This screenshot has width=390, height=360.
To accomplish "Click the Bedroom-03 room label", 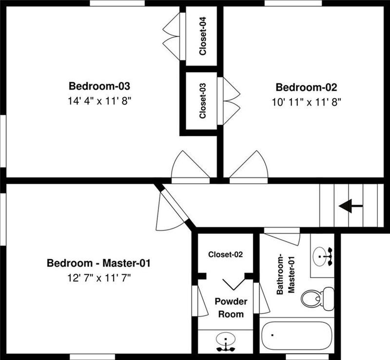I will point(99,87).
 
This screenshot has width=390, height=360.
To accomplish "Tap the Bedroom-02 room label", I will point(306,88).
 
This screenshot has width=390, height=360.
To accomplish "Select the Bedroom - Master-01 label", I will point(98,264).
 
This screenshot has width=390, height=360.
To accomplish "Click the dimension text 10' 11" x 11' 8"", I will point(306,102).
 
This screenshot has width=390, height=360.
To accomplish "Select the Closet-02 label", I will point(225,254).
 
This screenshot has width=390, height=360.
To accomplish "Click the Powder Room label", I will point(231,307).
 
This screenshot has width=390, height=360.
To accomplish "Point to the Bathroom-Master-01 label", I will point(285,273).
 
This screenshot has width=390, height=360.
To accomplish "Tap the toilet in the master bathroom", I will point(316,297).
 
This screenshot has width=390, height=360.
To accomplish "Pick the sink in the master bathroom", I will point(322,256).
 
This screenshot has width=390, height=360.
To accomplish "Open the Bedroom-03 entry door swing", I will point(191,168).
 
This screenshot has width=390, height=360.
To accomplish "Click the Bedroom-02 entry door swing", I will point(249,168).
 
